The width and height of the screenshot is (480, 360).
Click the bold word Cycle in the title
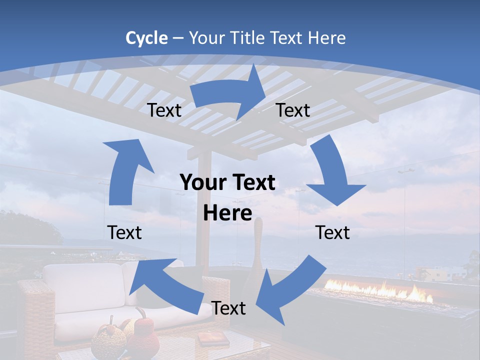click(146, 38)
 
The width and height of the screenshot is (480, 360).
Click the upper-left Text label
click(164, 110)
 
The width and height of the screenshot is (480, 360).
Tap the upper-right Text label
click(293, 110)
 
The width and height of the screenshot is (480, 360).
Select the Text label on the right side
click(332, 232)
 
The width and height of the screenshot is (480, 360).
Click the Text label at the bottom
click(228, 308)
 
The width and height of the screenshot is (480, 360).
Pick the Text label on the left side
click(124, 232)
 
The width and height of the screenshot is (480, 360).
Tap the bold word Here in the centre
click(227, 213)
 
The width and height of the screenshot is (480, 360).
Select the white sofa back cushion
click(82, 288)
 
